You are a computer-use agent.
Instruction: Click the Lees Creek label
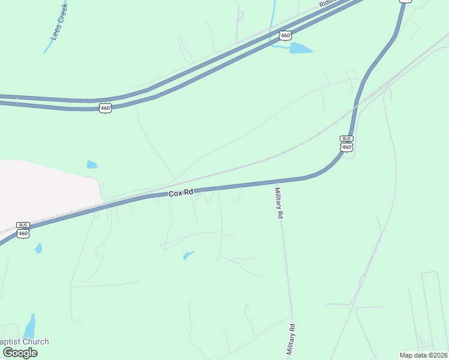click(59, 22)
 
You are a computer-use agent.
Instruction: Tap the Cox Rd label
click(181, 193)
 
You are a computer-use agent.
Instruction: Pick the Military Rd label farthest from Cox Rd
click(292, 340)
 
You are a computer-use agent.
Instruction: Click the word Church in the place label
click(35, 342)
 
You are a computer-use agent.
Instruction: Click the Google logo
click(20, 353)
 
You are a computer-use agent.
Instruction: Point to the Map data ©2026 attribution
click(423, 355)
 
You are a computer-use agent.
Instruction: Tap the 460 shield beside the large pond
click(286, 35)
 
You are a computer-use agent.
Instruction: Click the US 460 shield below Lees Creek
click(106, 108)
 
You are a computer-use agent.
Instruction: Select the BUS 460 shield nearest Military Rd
click(346, 143)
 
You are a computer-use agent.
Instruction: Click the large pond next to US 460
click(301, 49)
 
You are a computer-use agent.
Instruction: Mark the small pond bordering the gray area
click(92, 164)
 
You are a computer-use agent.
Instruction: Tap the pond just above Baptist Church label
click(29, 326)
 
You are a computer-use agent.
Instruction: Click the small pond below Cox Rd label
click(188, 256)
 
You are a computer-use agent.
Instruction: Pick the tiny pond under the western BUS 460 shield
click(38, 248)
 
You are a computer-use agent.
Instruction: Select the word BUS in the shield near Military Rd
click(346, 139)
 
